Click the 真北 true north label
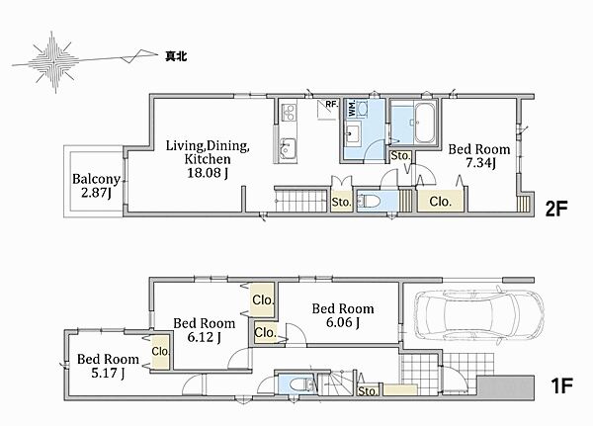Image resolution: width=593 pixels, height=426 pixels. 176,56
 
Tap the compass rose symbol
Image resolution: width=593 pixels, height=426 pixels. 53,61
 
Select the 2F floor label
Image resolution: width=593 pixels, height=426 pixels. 556,209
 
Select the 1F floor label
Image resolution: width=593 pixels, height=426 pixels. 560,385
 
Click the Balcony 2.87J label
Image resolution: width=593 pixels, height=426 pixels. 96,186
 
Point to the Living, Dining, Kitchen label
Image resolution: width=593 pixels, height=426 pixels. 208,159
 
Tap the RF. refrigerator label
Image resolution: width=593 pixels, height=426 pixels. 332,104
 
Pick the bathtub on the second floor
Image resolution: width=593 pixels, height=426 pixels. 424,123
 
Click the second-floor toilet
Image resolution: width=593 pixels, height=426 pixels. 369,201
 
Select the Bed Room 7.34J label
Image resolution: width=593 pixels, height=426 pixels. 479,155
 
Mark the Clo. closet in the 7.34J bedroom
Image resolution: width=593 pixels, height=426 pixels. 440,202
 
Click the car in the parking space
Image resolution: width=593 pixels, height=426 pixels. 479,316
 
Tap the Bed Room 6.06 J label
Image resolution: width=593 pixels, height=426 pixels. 343,314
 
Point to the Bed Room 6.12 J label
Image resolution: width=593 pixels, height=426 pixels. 205,329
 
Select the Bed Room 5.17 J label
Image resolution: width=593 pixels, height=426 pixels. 108,366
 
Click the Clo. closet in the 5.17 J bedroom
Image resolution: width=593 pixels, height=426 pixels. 160,352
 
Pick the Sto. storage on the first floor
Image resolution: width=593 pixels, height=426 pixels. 368,390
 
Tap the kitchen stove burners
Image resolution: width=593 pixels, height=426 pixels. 290,112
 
